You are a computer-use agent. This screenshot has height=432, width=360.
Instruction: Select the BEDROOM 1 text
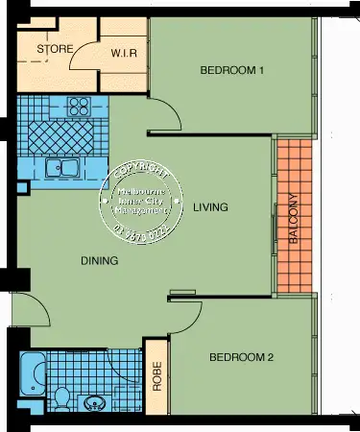230,70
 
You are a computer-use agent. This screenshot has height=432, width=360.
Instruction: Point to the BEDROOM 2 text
242,357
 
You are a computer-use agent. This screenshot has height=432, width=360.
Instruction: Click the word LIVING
209,206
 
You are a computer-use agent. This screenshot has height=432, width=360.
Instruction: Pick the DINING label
99,260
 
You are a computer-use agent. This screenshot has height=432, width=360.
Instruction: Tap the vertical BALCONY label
293,223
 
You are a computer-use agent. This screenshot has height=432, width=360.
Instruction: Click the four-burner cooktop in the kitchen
78,106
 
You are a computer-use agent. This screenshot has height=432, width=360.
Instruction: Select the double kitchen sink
62,169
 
